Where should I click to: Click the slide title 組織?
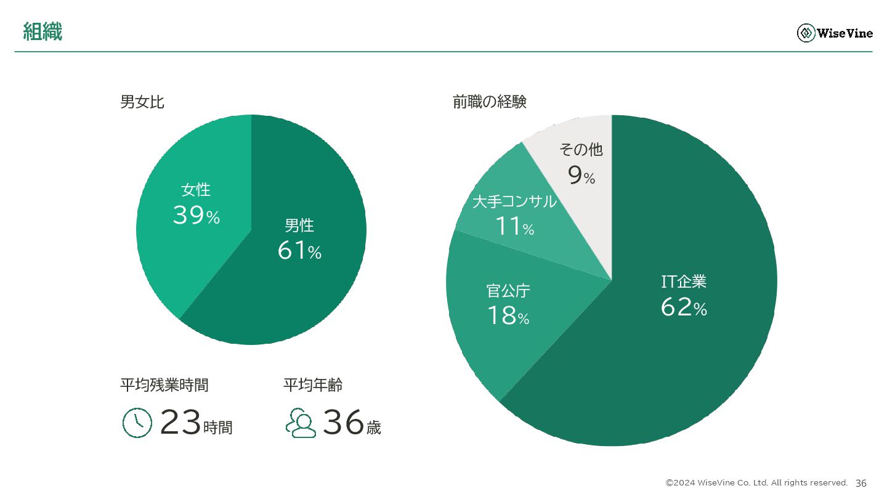pos(43,31)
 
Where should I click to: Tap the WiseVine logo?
pos(835,33)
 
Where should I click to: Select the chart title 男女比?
pos(142,102)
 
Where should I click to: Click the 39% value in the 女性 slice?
pos(196,215)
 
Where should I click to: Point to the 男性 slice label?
pos(299,225)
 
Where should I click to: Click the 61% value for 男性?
pos(299,251)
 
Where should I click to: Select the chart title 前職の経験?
pos(489,102)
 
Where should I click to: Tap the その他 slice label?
pos(581,150)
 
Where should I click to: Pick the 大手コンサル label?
pos(514,201)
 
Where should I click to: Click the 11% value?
pos(514,227)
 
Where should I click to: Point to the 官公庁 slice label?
pos(508,291)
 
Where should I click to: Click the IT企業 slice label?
pos(684,282)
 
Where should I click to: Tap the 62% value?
pos(684,307)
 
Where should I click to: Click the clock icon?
pos(137,423)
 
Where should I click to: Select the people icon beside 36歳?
pos(301,423)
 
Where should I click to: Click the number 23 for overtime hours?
pos(180,423)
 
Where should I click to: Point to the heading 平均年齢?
pos(313,385)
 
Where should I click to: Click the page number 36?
pos(861,483)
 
